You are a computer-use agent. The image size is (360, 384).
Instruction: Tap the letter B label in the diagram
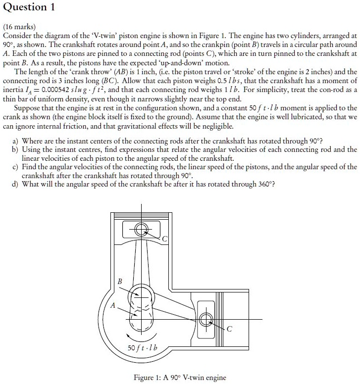(x=119, y=282)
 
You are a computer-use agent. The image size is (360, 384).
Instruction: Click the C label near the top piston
(x=165, y=239)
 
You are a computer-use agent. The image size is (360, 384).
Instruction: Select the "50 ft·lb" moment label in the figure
(x=142, y=348)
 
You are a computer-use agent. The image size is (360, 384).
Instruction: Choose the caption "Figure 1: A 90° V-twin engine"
(x=180, y=378)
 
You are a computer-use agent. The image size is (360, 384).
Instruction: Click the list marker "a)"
(x=16, y=141)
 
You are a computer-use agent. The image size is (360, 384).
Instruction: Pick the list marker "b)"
(x=16, y=149)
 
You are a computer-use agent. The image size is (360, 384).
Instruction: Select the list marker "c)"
(x=16, y=167)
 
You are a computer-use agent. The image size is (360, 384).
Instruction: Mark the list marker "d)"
(x=16, y=185)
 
